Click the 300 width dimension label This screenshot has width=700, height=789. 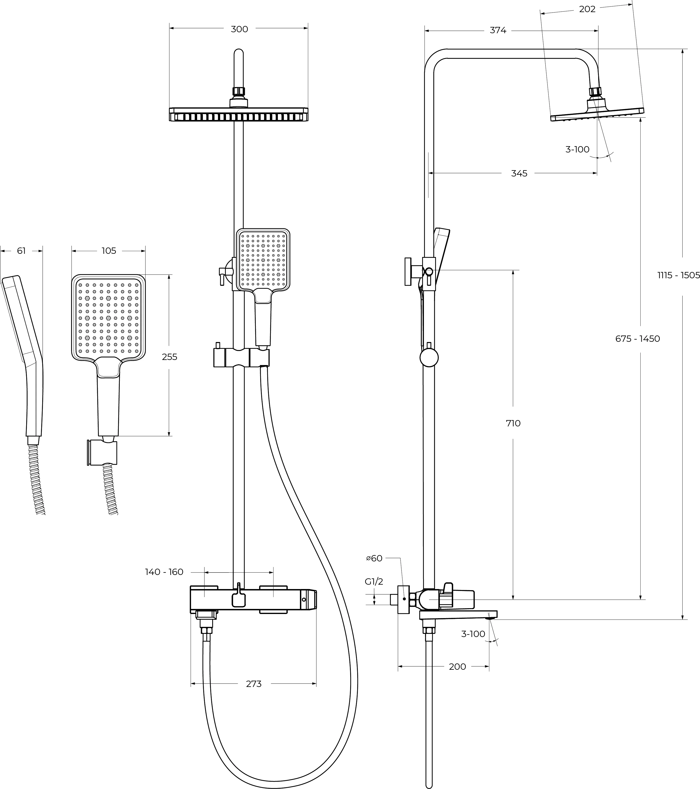tap(239, 29)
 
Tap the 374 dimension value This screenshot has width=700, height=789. tap(498, 30)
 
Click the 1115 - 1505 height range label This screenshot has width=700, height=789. tap(678, 275)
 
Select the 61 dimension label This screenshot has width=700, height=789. tap(21, 251)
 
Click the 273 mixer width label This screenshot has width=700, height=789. tap(254, 684)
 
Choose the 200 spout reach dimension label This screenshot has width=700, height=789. tap(458, 666)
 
